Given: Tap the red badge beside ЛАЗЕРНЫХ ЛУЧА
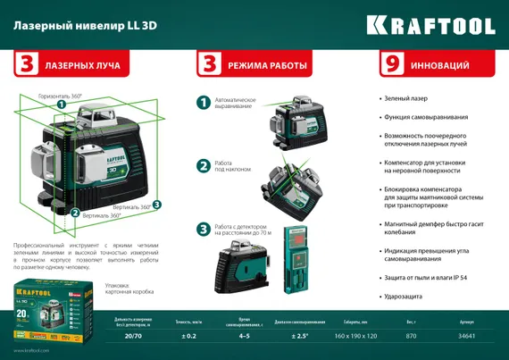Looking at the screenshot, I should point(27,65).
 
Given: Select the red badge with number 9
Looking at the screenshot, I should point(389,65).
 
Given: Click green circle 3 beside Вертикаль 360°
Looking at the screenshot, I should point(156,205).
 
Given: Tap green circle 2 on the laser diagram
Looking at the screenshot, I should point(62,213).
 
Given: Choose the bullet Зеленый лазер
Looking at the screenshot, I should point(406,98).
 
